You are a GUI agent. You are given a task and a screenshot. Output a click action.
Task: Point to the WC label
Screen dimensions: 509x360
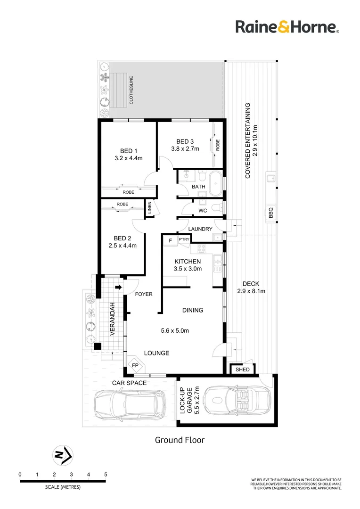click(x=203, y=211)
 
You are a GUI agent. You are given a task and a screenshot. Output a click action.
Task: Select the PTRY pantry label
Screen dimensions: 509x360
click(x=184, y=239)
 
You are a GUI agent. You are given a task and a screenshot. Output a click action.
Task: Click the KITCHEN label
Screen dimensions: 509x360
click(x=188, y=262)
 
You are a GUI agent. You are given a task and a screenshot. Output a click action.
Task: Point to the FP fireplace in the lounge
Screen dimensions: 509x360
click(x=135, y=365)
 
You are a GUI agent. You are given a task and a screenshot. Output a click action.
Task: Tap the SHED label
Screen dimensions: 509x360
click(x=243, y=370)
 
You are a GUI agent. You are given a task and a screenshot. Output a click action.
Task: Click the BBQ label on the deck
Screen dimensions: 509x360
click(x=270, y=213)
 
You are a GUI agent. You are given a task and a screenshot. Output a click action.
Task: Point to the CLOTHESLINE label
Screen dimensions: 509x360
click(x=131, y=90)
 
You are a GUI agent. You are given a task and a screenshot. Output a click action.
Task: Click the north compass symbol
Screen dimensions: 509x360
click(x=63, y=455)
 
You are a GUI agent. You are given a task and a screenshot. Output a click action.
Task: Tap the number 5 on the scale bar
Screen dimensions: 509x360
click(x=106, y=474)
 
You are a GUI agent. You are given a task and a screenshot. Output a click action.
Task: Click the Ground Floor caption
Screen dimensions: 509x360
click(x=180, y=440)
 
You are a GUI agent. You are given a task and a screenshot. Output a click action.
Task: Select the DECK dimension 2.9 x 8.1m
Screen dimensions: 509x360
click(x=251, y=291)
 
